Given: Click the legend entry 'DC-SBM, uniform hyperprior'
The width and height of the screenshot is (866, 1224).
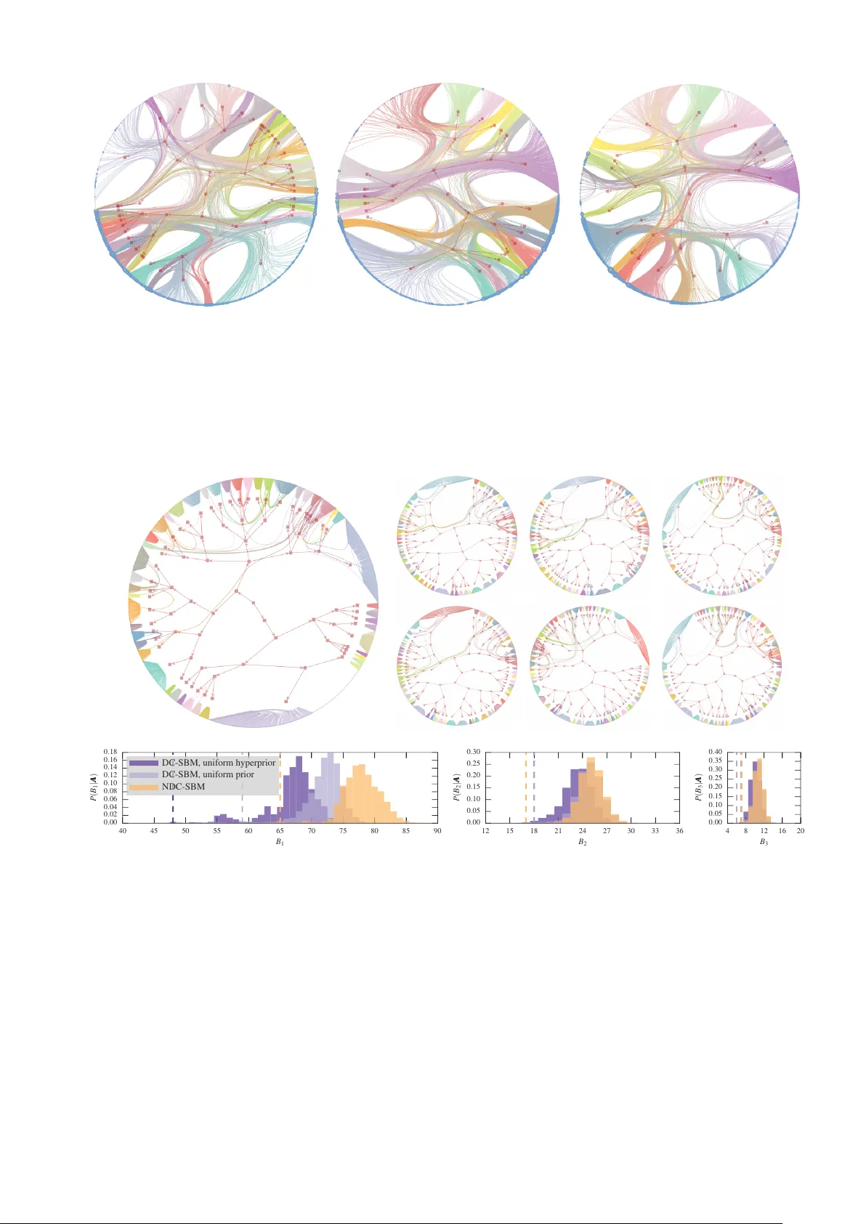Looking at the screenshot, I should (x=218, y=763).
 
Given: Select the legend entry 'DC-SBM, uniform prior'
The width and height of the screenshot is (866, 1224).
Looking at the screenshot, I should (x=207, y=774).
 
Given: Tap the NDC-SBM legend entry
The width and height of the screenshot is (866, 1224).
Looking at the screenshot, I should (x=183, y=786).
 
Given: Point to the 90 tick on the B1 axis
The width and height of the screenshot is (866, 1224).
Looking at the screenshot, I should (x=437, y=831).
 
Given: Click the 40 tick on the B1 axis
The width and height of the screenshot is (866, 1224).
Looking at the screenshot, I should (x=122, y=831).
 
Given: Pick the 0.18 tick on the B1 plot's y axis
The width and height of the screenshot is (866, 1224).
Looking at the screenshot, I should (x=110, y=752).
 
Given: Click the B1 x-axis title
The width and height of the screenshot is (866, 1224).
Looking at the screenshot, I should (x=280, y=842).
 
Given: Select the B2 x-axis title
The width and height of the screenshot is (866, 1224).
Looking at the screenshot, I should (x=583, y=842).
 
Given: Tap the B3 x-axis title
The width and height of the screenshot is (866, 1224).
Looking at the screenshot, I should (x=764, y=842).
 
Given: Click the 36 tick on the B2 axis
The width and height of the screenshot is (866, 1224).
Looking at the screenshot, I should (x=679, y=831).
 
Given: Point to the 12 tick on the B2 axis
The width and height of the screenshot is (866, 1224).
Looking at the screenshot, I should (x=485, y=831).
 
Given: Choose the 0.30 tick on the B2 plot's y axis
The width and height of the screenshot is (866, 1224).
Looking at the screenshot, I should (x=473, y=752).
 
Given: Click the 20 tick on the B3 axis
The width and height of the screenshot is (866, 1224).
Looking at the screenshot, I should (x=801, y=831).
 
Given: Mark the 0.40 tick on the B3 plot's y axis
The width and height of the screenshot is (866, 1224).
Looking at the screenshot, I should (x=716, y=752).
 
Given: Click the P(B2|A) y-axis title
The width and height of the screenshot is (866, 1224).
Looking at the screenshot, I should (x=456, y=787).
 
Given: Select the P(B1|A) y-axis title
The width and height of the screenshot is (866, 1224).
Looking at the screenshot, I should (x=93, y=787).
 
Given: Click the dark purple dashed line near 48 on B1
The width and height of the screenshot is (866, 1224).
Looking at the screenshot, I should (x=173, y=806).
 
